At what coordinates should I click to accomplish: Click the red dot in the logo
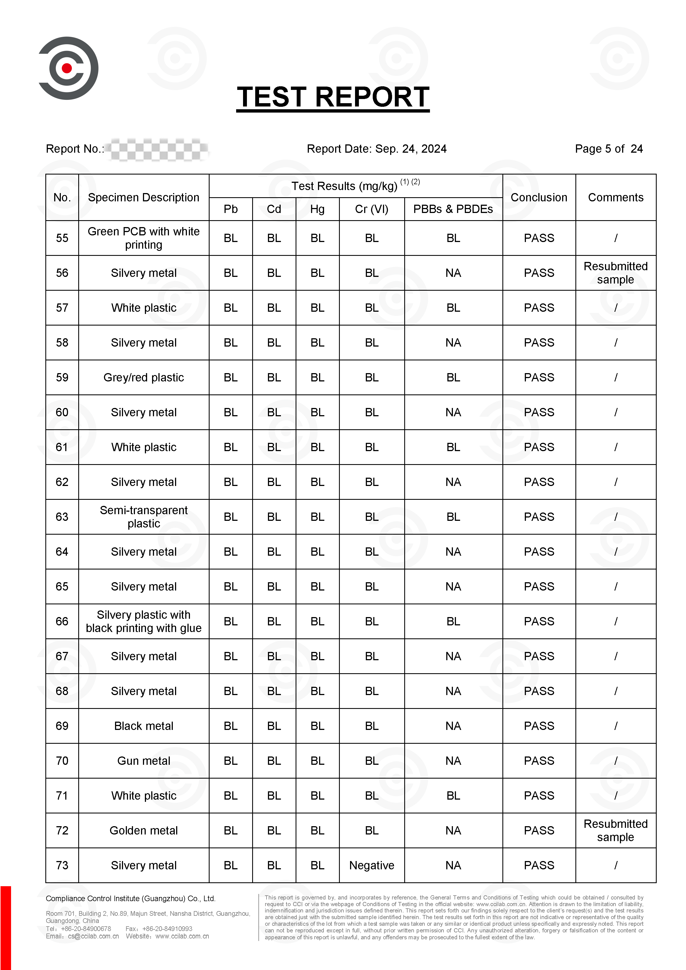tap(67, 68)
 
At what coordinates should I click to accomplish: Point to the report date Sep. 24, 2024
tap(411, 149)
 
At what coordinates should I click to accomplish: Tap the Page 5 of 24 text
tap(608, 149)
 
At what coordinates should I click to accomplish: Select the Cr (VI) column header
tap(371, 209)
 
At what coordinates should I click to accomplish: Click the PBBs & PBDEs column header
tap(453, 209)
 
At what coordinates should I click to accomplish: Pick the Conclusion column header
tap(539, 197)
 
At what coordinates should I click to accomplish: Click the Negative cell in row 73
tap(371, 865)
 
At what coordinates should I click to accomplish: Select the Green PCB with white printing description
tap(144, 238)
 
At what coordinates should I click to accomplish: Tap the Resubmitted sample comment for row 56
tap(615, 273)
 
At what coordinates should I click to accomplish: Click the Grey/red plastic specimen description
tap(144, 377)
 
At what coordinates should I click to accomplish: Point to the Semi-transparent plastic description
tap(144, 517)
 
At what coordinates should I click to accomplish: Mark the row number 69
tap(62, 726)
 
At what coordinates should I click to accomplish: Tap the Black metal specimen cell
tap(144, 726)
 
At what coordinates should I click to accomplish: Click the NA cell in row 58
tap(453, 343)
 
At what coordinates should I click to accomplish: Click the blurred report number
tap(157, 149)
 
